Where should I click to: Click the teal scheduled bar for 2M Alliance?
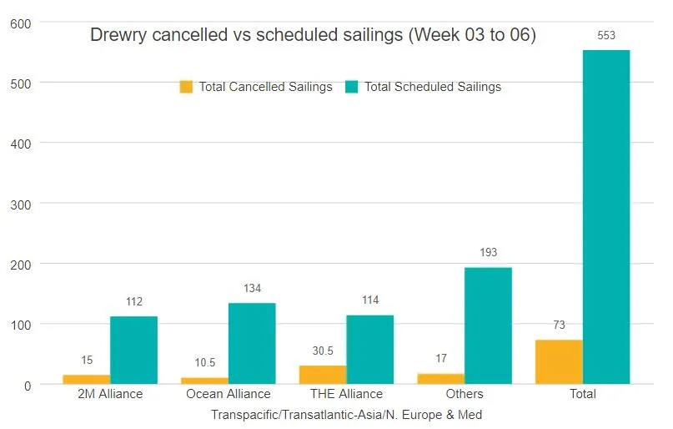pos(133,350)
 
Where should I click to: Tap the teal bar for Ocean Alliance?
pos(252,343)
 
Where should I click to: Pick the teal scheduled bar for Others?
pos(488,326)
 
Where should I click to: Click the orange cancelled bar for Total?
pos(559,361)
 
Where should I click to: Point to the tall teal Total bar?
pos(606,217)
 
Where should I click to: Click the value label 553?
pos(606,36)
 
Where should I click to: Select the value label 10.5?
pos(205,362)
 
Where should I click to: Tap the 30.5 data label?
pos(323,351)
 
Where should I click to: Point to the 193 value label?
pos(488,252)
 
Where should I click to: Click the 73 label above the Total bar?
pos(559,325)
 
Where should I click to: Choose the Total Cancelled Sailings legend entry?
pos(256,87)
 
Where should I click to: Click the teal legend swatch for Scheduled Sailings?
pos(351,87)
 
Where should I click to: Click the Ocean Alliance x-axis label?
pos(229,394)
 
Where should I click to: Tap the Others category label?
pos(465,394)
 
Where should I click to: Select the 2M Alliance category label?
pos(109,394)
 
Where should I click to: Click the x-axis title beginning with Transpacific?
pos(346,414)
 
